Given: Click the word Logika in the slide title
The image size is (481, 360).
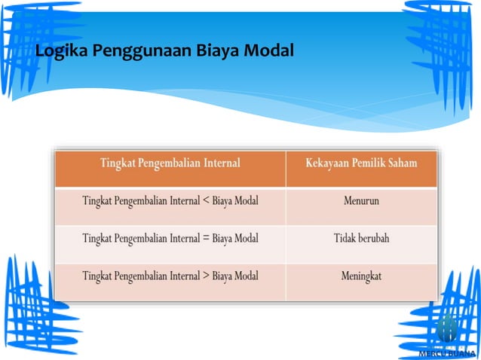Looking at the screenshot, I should tap(59, 52).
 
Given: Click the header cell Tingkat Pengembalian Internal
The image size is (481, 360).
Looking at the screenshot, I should tap(170, 163).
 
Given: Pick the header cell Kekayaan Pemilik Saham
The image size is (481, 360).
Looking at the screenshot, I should tap(361, 163).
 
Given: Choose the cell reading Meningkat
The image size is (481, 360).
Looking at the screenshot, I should tap(361, 276).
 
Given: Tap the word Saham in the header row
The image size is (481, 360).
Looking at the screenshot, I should tap(401, 163).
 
